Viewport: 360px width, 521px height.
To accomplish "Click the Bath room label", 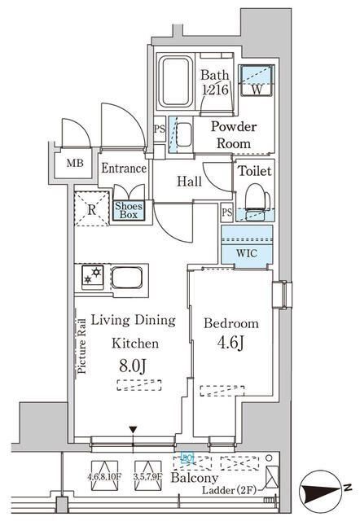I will point(214,76).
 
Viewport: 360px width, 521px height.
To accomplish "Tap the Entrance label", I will point(124,169).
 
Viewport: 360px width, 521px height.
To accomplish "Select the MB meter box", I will point(75,162).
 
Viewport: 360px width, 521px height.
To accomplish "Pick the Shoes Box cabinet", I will point(130,210).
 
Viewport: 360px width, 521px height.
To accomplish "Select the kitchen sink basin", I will point(129,278).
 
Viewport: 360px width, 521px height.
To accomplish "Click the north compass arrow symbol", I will point(326,493).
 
